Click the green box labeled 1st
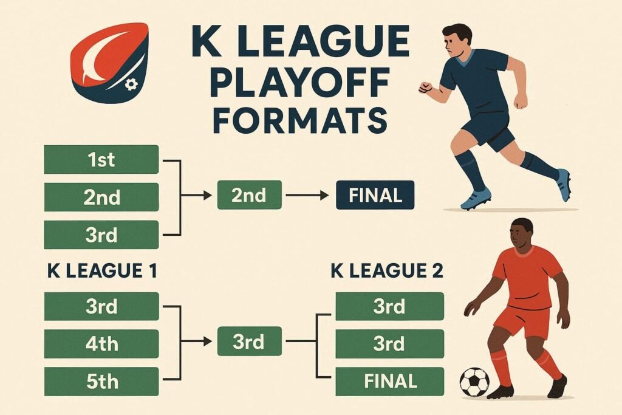(x=101, y=160)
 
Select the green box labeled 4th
(x=101, y=344)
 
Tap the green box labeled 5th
(x=101, y=382)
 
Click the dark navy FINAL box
(x=375, y=195)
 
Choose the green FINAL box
(x=390, y=382)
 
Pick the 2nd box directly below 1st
(x=101, y=197)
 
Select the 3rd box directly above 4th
(x=101, y=307)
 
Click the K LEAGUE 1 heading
(x=102, y=271)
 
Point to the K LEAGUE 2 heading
(x=387, y=271)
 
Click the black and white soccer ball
(x=474, y=382)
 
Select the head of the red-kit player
(x=520, y=233)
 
